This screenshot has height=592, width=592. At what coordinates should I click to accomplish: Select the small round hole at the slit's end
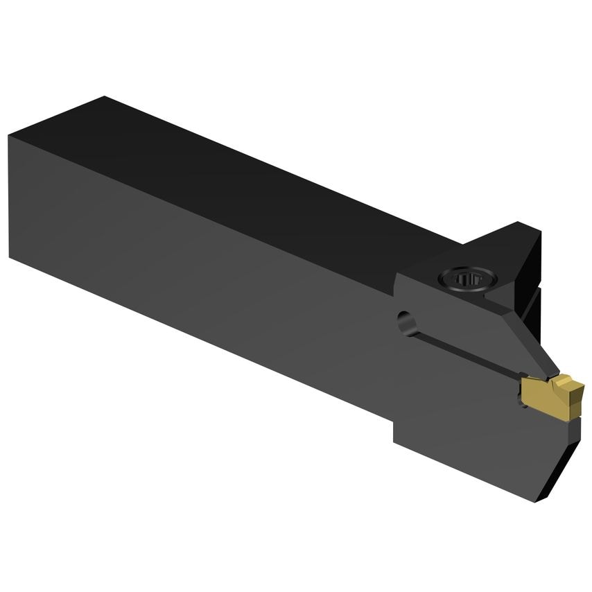click(404, 321)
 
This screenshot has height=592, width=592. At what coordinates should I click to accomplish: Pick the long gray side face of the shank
click(208, 277)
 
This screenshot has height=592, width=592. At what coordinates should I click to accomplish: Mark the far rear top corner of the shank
click(104, 97)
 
